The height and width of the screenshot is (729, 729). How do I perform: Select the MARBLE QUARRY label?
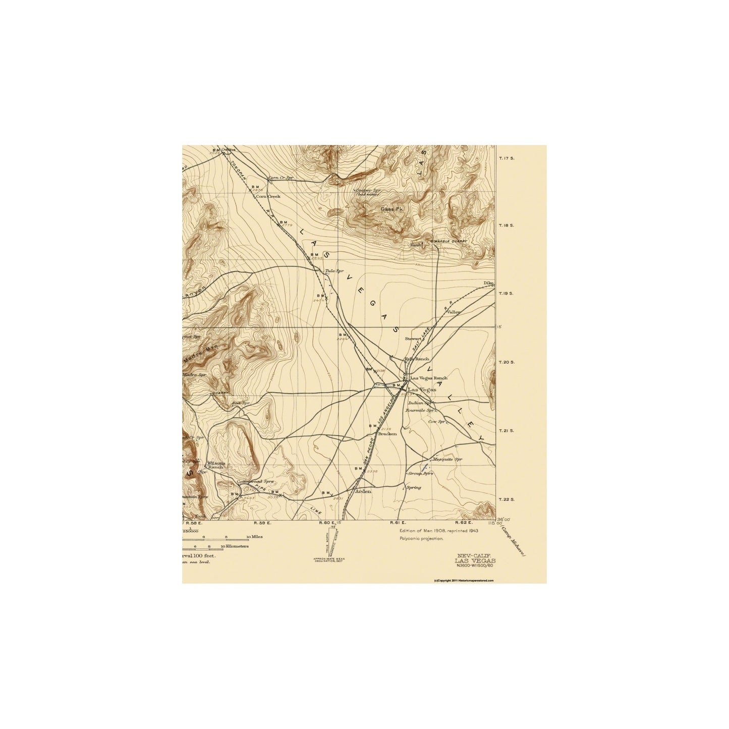point(449,241)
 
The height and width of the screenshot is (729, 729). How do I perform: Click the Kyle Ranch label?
point(417,359)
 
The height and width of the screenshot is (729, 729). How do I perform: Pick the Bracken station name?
point(387,434)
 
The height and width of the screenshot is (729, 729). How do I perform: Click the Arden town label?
point(363,491)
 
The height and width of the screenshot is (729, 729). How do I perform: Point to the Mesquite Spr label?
point(447,460)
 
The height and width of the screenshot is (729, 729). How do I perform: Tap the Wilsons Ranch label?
point(215,465)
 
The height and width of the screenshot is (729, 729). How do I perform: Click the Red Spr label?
point(241,403)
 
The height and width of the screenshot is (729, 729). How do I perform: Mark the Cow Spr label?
point(437,421)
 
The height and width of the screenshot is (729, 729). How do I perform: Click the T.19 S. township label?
point(507,294)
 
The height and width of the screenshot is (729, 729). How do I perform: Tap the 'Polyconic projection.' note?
point(421,538)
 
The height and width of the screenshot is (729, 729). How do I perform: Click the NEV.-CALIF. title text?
point(475,555)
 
